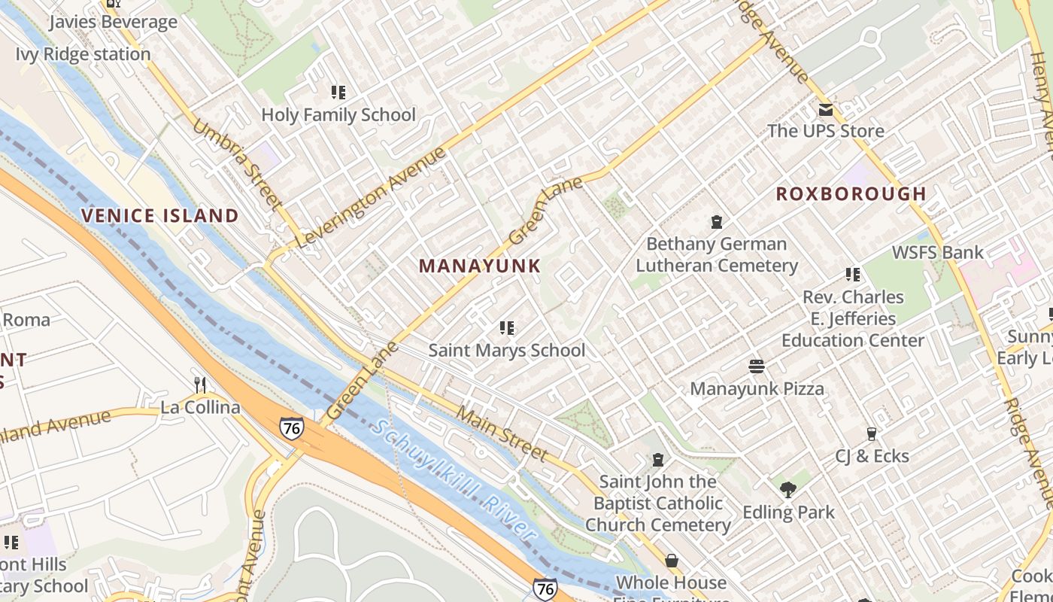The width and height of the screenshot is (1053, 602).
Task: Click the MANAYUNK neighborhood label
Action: [x=480, y=266]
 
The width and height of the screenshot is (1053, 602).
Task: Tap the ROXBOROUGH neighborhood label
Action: [x=851, y=193]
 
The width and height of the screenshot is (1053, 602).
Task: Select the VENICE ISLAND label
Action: [x=159, y=216]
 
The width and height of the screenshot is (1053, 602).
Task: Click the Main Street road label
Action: [x=502, y=434]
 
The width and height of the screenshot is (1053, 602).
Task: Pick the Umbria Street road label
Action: [x=237, y=163]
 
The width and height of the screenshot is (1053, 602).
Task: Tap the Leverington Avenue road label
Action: [x=372, y=199]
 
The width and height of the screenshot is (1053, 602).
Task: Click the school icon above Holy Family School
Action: [x=338, y=93]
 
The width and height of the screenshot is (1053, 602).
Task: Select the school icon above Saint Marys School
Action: [x=507, y=328]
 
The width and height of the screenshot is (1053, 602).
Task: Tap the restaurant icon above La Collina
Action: [x=200, y=385]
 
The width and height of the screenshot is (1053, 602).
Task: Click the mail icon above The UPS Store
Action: [x=826, y=110]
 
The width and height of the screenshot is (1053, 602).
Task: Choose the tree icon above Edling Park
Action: [x=788, y=491]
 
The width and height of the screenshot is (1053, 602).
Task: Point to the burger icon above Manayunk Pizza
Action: [x=757, y=366]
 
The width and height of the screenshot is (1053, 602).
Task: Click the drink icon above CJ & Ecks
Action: [x=872, y=434]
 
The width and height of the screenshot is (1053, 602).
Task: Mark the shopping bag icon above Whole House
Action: [x=671, y=561]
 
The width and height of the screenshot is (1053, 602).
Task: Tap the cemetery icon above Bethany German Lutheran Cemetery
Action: [x=717, y=222]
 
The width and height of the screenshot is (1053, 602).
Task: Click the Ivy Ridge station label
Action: [x=83, y=54]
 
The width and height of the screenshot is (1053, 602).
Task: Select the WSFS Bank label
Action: [x=937, y=252]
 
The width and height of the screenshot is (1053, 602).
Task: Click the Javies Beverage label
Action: [x=113, y=22]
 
